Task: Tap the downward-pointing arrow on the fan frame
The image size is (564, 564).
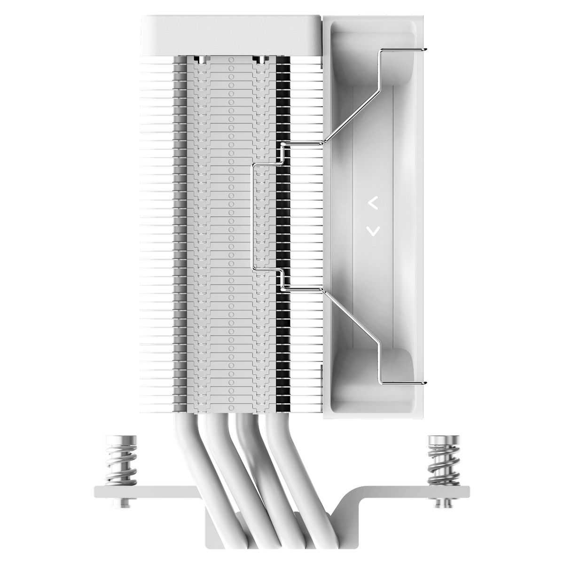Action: (373, 230)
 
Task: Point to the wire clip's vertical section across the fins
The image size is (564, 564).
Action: (254, 216)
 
